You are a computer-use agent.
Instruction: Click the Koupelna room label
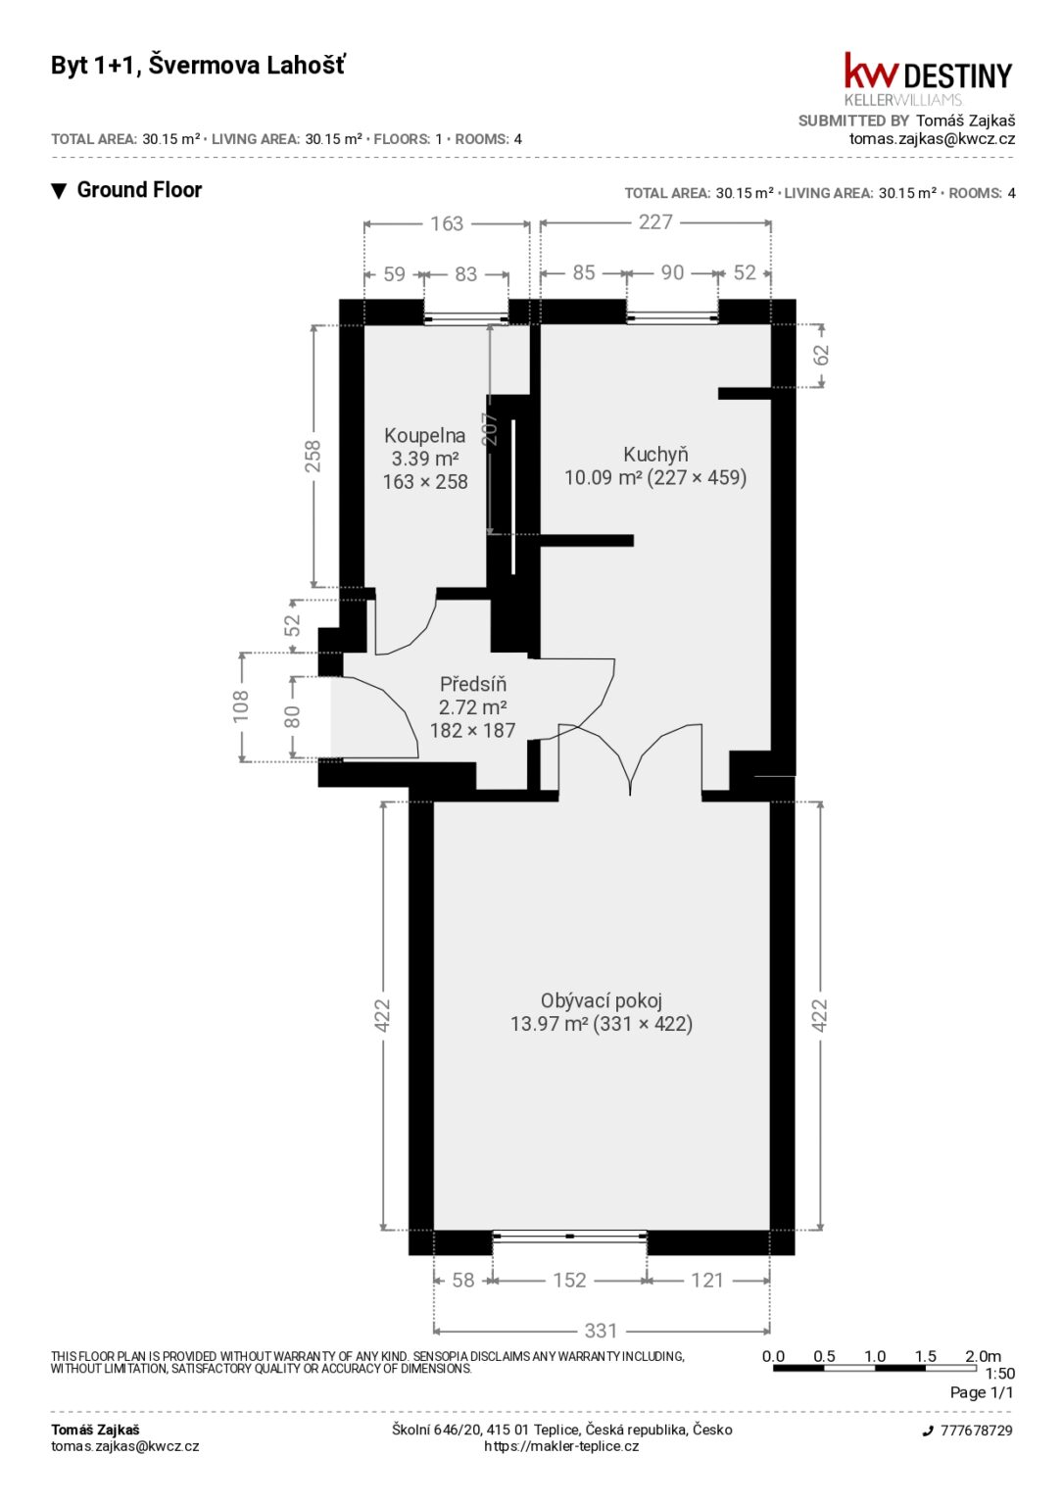coord(424,435)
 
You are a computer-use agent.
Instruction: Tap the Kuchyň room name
coord(655,455)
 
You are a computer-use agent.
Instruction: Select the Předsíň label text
coord(473,684)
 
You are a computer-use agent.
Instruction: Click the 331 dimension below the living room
coord(600,1331)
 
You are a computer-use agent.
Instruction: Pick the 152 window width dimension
coord(569,1280)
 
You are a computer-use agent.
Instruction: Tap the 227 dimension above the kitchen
coord(655,221)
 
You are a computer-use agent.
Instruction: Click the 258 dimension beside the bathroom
coord(314,456)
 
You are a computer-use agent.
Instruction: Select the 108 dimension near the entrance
coord(241,706)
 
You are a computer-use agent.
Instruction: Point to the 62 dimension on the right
coord(821,355)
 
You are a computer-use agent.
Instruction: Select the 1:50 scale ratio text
coord(1000,1374)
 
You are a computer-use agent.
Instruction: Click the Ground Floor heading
coord(139,190)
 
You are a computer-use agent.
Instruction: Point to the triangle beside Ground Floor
coord(59,191)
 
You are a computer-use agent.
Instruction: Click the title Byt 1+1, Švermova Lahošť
coord(198,66)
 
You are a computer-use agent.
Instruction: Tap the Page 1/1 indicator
coord(981,1392)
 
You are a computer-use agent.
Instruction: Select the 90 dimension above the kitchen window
coord(672,272)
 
